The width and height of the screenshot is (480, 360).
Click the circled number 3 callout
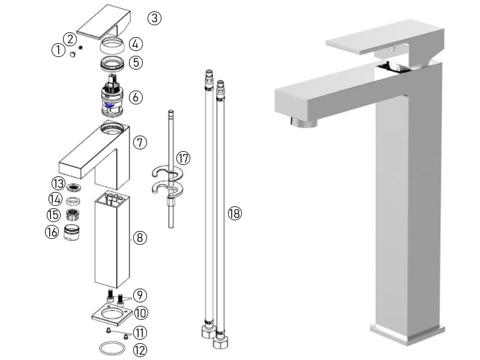pyautogui.click(x=155, y=18)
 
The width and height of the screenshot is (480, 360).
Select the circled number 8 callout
pyautogui.click(x=139, y=238)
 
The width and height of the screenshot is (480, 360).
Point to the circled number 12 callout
pyautogui.click(x=139, y=349)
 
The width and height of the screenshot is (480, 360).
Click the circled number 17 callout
pyautogui.click(x=183, y=158)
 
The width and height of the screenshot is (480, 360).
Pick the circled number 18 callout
pyautogui.click(x=234, y=213)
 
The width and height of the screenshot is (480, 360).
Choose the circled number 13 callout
pyautogui.click(x=58, y=183)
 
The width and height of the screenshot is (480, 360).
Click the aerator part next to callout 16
pyautogui.click(x=72, y=232)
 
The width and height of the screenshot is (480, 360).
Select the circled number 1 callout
pyautogui.click(x=58, y=50)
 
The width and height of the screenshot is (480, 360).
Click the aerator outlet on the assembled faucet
pyautogui.click(x=302, y=122)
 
